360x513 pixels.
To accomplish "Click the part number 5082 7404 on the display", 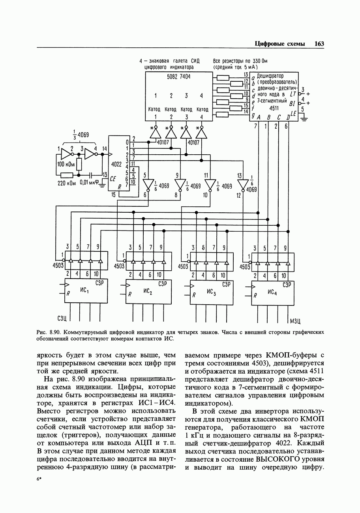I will [179, 77].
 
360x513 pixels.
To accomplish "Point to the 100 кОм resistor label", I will [66, 164].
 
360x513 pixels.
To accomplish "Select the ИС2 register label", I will [148, 291].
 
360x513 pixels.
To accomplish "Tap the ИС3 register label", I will [212, 292].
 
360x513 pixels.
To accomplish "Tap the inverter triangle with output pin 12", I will [242, 184].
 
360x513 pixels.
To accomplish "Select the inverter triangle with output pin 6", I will [148, 184].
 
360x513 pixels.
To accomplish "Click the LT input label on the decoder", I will [292, 94].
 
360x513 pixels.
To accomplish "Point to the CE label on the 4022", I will [113, 178].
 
